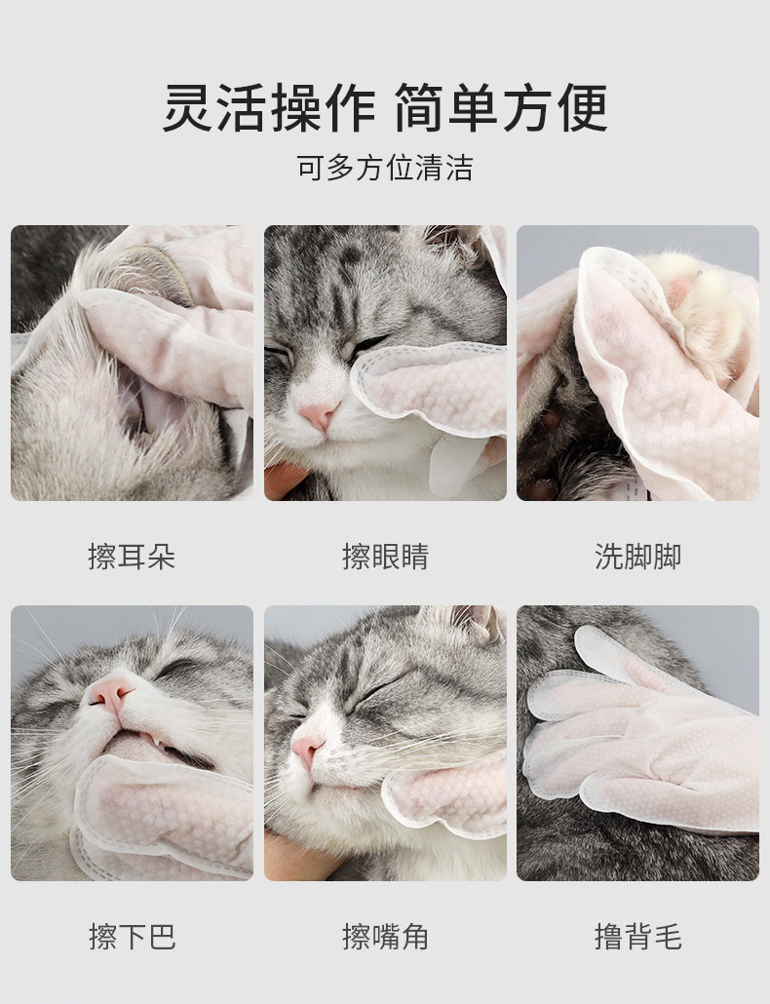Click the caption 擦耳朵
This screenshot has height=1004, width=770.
click(x=132, y=556)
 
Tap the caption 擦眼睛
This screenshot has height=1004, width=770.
click(x=385, y=556)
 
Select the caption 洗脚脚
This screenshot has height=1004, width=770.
click(x=637, y=556)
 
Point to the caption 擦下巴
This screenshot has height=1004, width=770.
click(x=132, y=937)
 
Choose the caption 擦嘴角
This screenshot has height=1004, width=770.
click(x=385, y=937)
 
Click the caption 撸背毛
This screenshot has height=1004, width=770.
click(x=637, y=937)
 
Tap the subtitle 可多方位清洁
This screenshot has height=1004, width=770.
click(x=385, y=168)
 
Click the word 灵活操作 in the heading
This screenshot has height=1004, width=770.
click(x=269, y=107)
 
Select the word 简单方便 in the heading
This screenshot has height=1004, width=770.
click(x=501, y=107)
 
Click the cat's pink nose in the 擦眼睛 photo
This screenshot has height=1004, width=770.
click(x=320, y=415)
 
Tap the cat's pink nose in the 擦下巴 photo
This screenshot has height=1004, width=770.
click(x=110, y=693)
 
